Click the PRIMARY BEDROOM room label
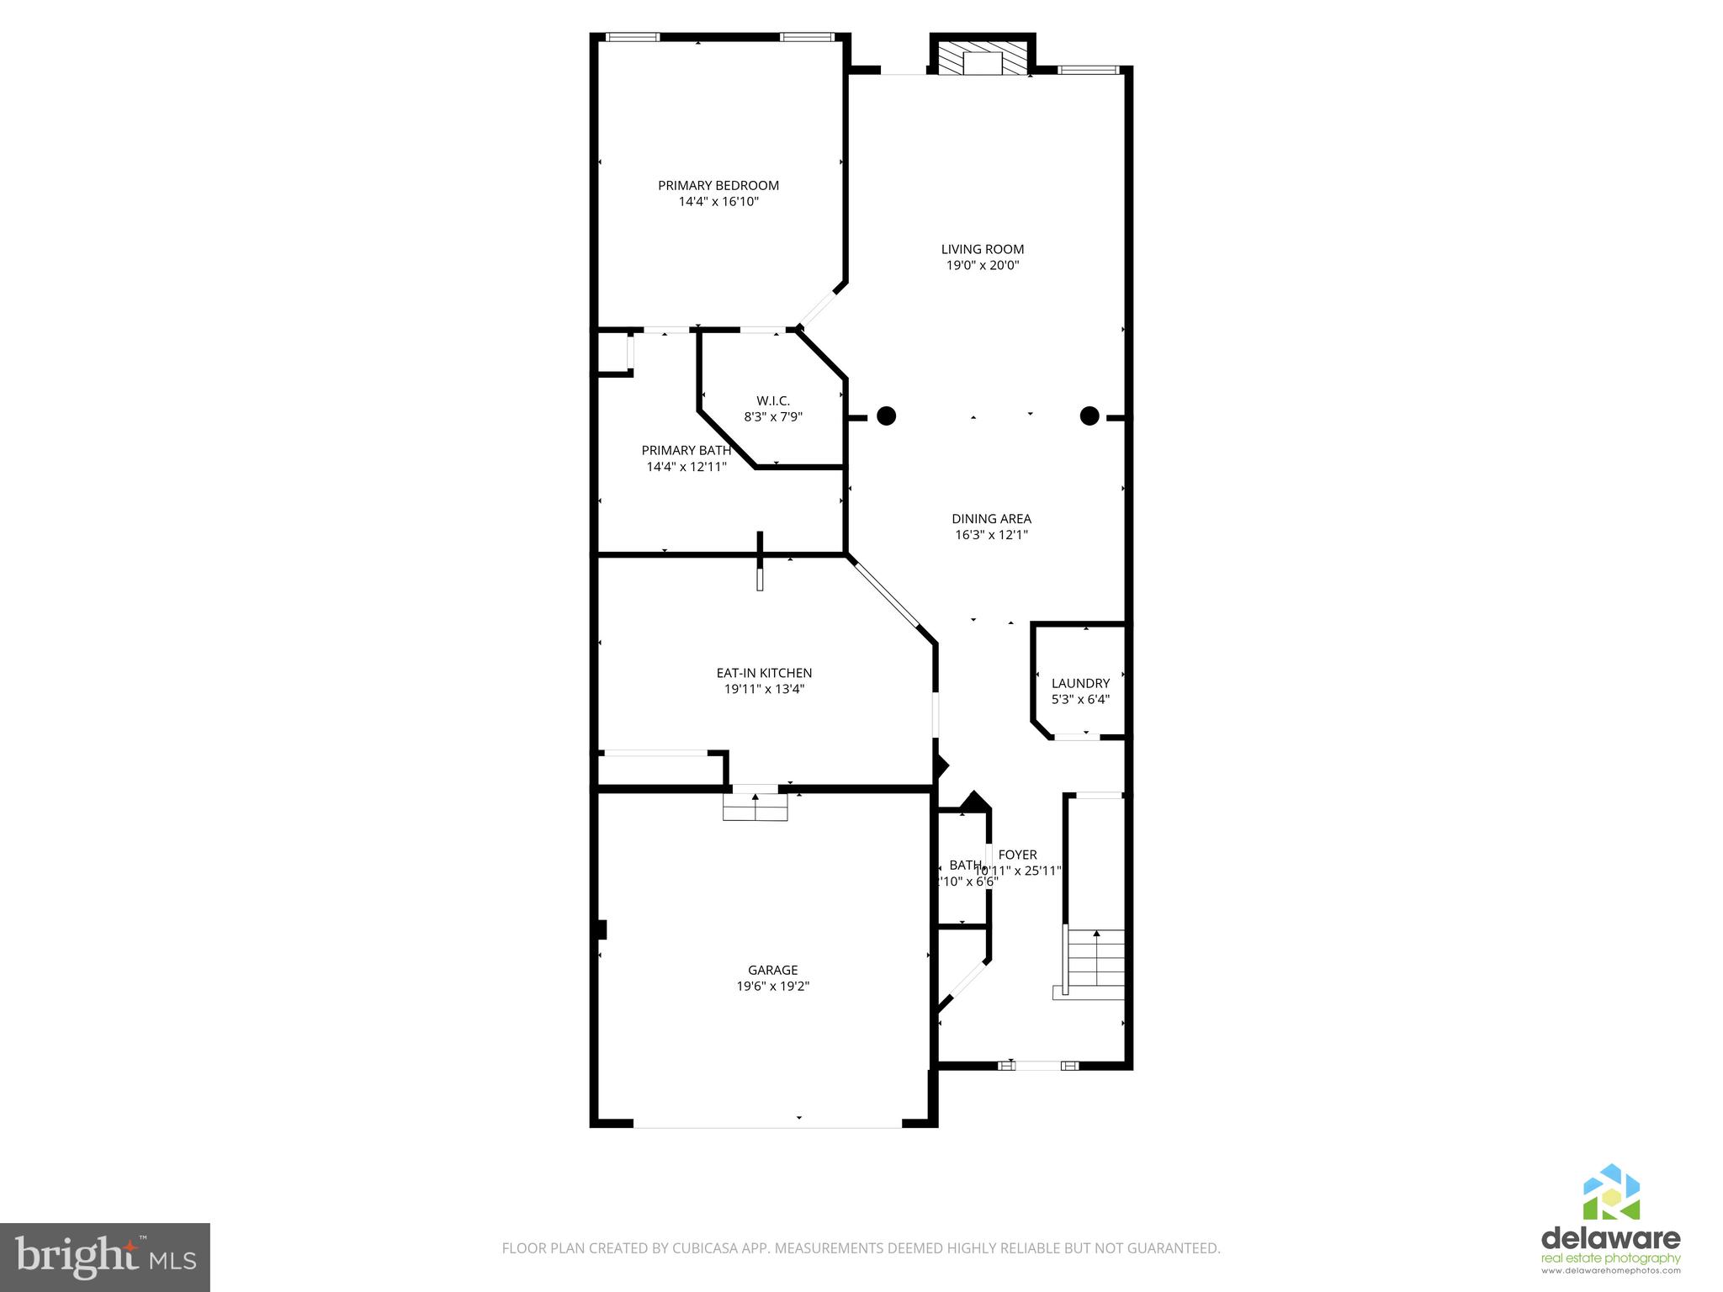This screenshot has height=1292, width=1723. click(x=718, y=185)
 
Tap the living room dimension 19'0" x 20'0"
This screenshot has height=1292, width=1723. click(x=982, y=265)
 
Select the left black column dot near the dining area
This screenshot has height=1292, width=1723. click(x=886, y=416)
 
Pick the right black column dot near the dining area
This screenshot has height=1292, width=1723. click(x=1089, y=416)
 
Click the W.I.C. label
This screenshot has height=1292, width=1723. click(x=772, y=400)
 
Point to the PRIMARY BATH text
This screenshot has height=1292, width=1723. click(x=686, y=450)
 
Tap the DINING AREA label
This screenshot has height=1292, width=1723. click(x=991, y=519)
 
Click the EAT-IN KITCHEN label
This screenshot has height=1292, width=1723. click(x=763, y=673)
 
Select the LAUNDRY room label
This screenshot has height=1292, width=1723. click(x=1080, y=683)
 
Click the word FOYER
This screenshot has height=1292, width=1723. click(x=1017, y=855)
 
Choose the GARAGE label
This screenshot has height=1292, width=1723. click(x=772, y=970)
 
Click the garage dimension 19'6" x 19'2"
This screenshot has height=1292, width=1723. click(x=772, y=986)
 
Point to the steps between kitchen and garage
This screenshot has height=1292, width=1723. click(x=755, y=807)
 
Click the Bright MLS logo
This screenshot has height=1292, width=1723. click(x=104, y=1257)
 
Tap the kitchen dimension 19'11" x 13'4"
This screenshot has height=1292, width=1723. click(x=763, y=689)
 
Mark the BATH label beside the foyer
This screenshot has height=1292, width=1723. click(x=964, y=865)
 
